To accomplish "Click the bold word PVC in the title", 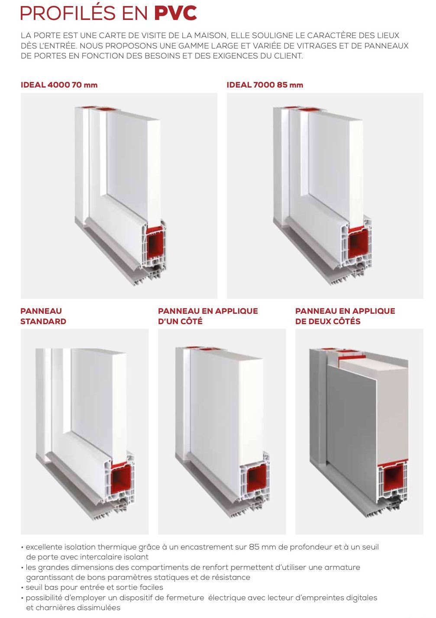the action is [x=175, y=13].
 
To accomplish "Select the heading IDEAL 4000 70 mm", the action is [x=59, y=85].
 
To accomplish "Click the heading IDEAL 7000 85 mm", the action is [x=265, y=85].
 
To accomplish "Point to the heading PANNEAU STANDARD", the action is [x=43, y=316].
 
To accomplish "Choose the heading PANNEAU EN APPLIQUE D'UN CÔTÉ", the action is [x=208, y=316].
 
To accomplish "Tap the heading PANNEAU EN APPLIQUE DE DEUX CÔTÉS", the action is [x=345, y=316].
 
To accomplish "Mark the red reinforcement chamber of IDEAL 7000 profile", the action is [x=358, y=243].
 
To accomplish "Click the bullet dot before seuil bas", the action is [x=22, y=588].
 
